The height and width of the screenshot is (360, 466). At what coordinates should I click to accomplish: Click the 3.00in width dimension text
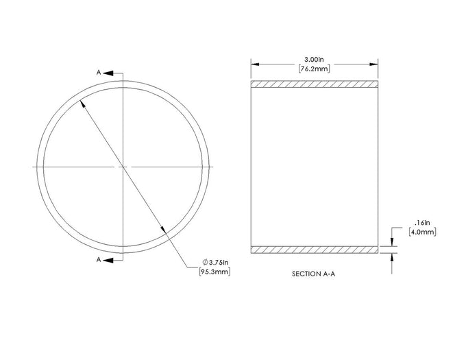314,60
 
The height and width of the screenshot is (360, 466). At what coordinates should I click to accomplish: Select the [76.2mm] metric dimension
314,69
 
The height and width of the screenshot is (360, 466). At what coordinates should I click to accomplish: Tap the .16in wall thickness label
422,222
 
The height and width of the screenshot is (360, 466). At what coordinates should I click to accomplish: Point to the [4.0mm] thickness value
422,232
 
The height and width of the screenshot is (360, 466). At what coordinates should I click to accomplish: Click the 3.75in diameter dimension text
219,263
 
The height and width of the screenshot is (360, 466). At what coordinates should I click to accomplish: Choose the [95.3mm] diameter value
215,272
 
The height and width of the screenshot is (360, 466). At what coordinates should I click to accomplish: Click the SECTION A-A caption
314,274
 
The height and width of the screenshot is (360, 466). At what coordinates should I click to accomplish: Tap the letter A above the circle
99,73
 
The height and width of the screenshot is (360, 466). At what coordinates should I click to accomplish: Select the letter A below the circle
99,260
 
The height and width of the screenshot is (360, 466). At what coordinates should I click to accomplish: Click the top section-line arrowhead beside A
108,73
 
